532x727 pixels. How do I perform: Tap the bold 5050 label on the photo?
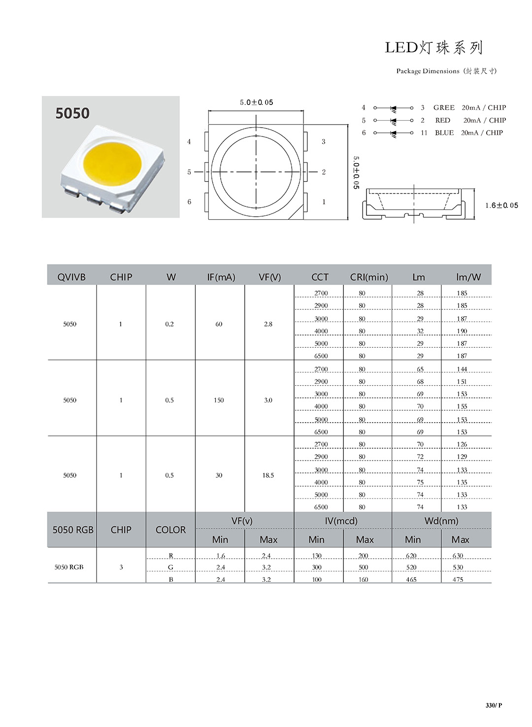tap(72, 113)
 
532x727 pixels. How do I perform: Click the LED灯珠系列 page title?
tap(433, 48)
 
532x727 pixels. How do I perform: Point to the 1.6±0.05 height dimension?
tap(501, 205)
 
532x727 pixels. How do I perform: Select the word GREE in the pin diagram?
tap(444, 107)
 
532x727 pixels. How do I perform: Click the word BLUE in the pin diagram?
tap(444, 132)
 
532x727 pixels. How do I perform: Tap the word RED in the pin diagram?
tap(442, 120)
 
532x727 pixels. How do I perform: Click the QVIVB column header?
tap(71, 277)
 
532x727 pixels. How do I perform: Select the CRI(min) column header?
tap(369, 277)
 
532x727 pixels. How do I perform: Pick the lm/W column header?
tap(468, 277)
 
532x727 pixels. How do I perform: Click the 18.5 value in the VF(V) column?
tap(268, 475)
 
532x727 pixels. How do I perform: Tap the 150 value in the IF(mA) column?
tap(219, 400)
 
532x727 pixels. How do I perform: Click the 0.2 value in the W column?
tap(169, 324)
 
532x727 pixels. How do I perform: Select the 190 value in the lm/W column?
tap(462, 331)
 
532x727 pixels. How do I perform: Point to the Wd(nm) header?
tap(441, 521)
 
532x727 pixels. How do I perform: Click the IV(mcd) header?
tap(341, 521)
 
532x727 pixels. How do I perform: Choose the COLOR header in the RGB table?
tap(170, 530)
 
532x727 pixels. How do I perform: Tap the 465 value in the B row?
tap(411, 580)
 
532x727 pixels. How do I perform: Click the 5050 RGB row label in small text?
tap(69, 567)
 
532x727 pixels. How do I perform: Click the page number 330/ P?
tap(494, 705)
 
